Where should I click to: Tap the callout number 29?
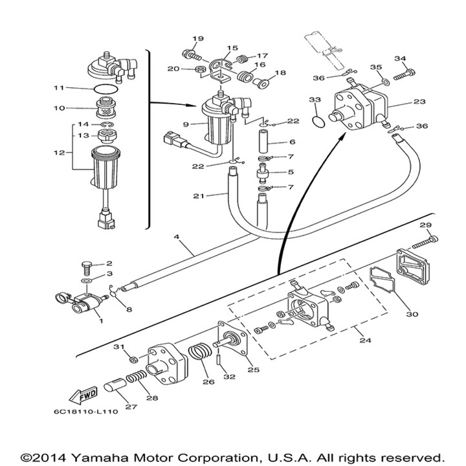pos(425,225)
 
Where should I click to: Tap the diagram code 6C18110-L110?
pos(87,410)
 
